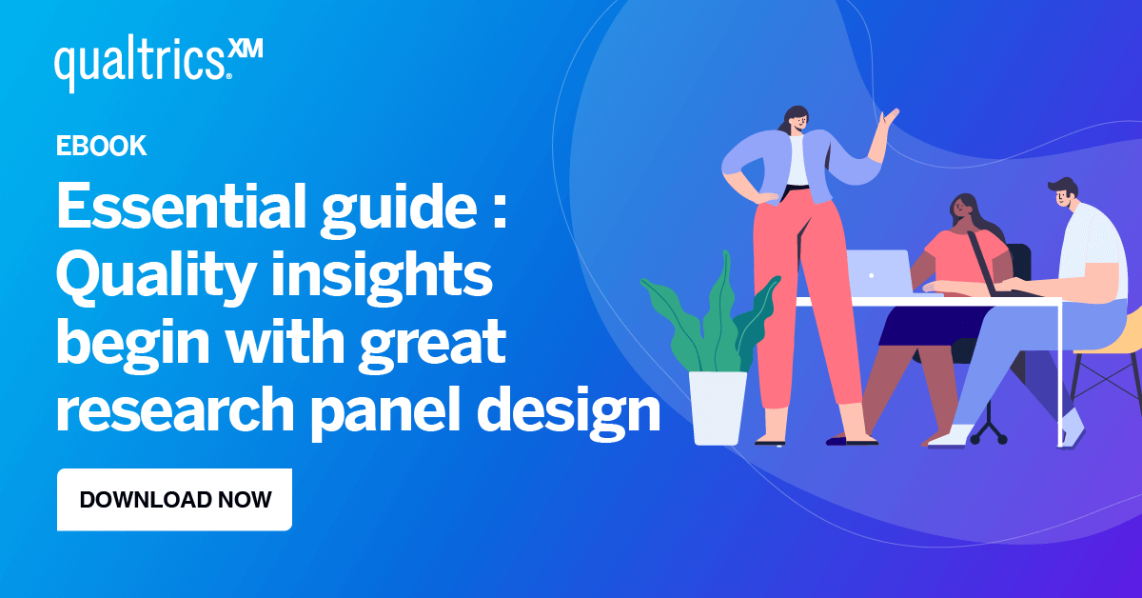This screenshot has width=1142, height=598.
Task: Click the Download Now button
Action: pyautogui.click(x=174, y=499)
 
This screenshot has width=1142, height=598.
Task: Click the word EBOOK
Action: pyautogui.click(x=101, y=146)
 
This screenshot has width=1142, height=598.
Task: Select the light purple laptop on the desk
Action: pyautogui.click(x=877, y=271)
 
